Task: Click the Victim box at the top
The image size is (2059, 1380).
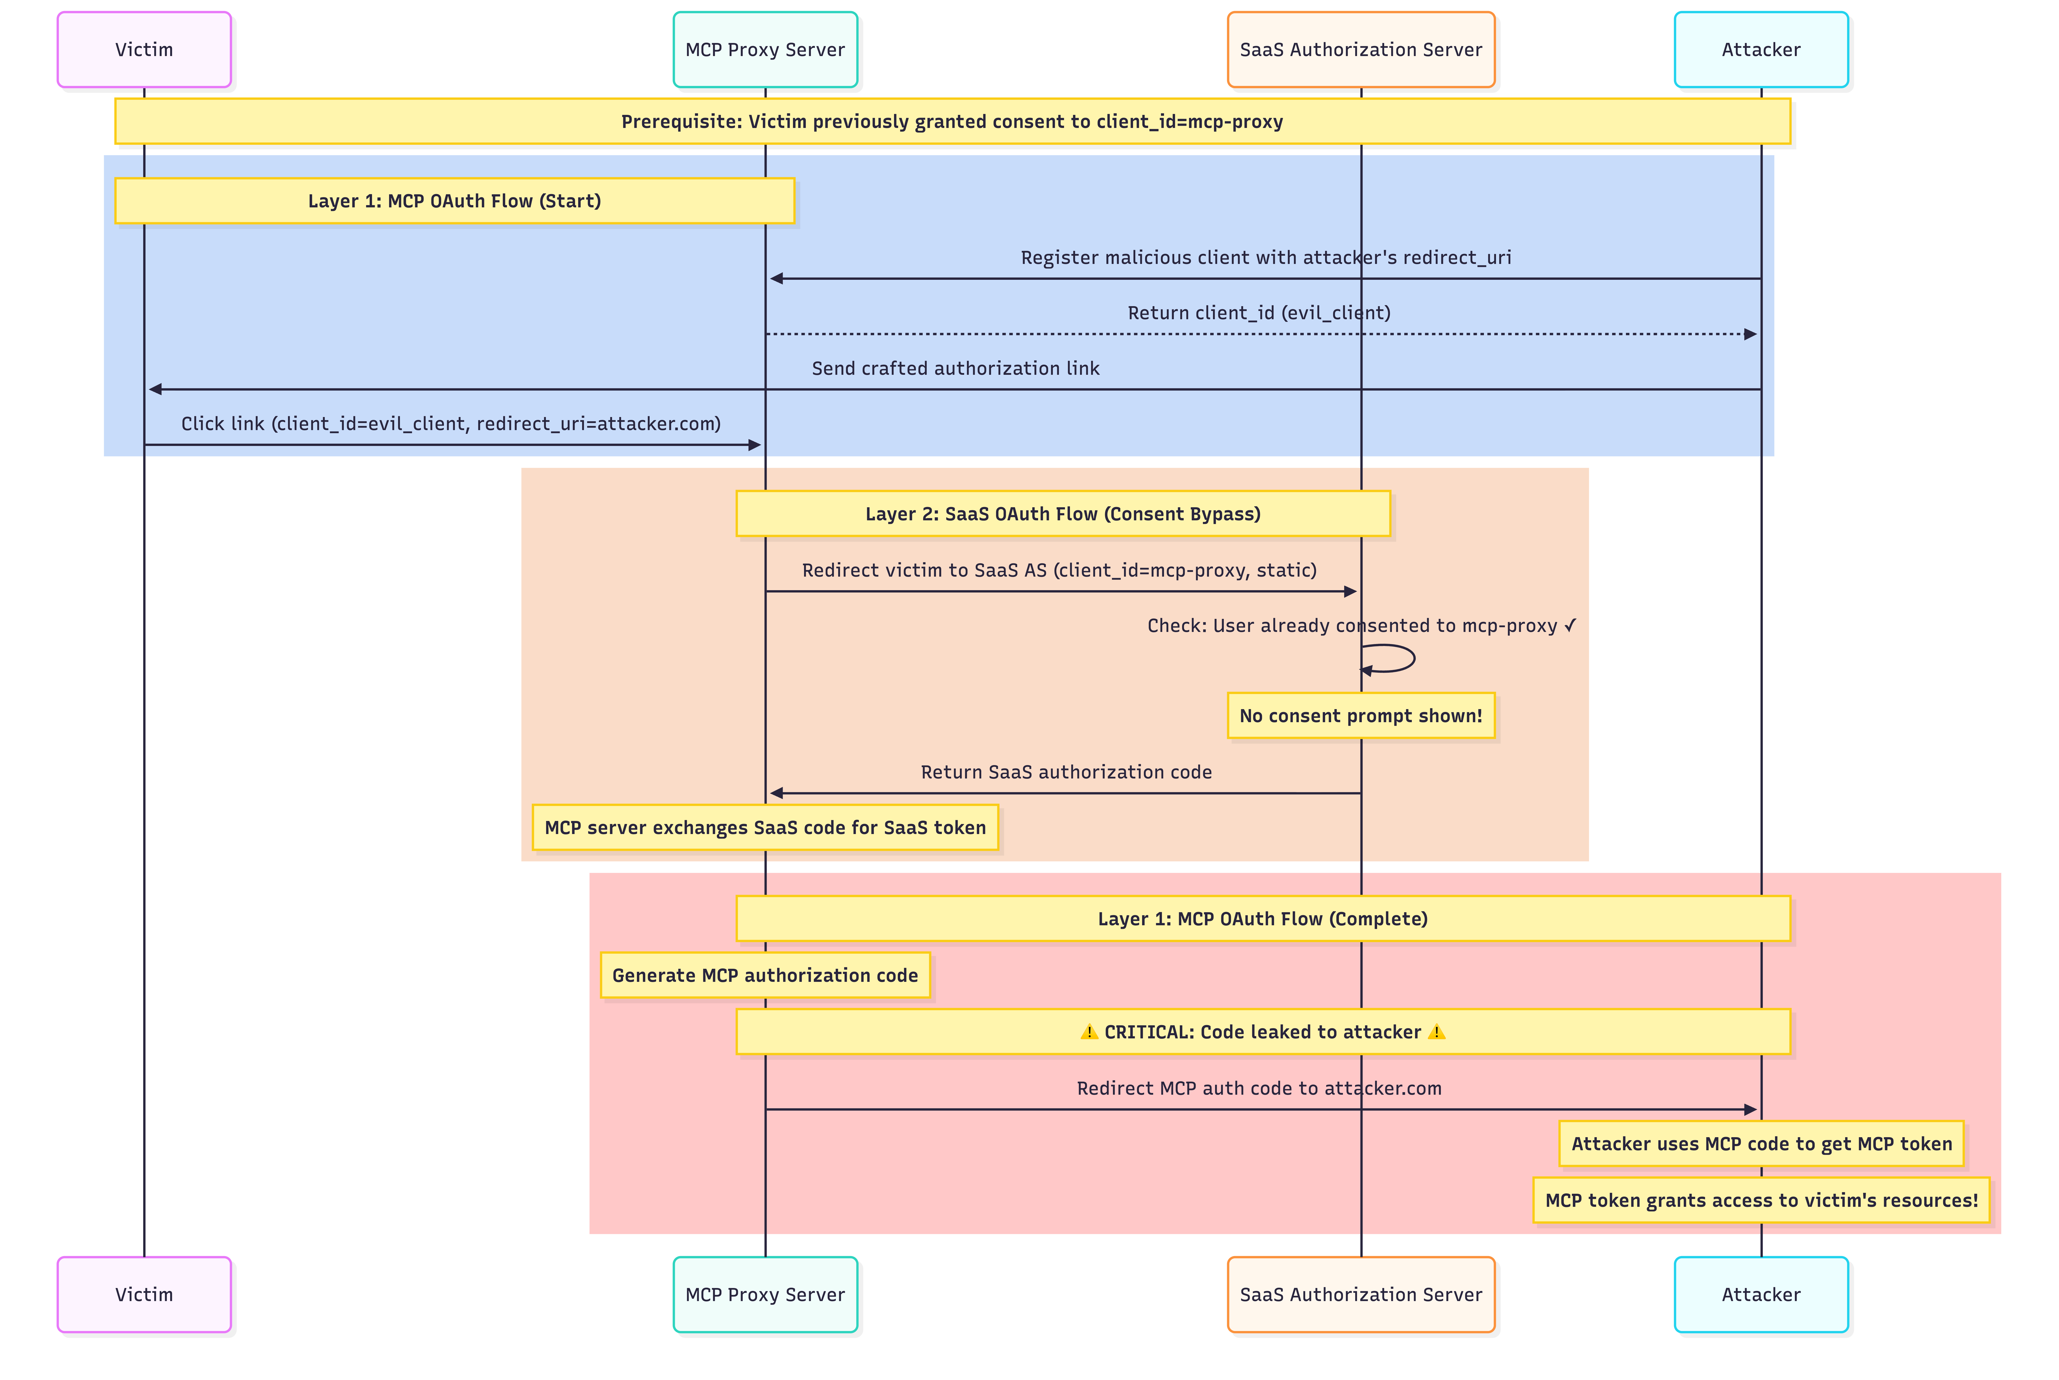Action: click(x=144, y=49)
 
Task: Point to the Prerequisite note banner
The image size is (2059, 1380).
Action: click(x=952, y=121)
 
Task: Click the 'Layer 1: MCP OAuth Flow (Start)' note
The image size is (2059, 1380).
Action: click(x=454, y=201)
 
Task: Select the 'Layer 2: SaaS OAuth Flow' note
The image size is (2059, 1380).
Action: click(x=1063, y=514)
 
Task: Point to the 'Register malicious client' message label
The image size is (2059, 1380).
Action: click(x=1265, y=258)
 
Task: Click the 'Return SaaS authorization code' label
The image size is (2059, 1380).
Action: click(x=1066, y=772)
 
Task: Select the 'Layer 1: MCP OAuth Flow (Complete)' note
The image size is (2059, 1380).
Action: click(x=1263, y=919)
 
